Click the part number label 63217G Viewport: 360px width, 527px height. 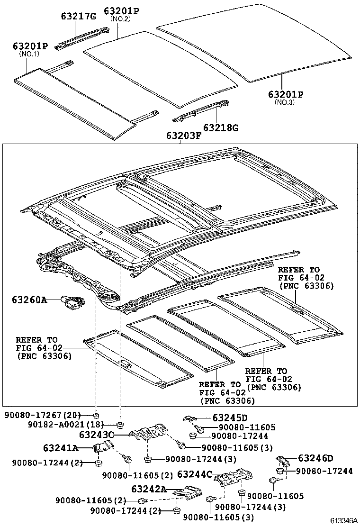pos(78,16)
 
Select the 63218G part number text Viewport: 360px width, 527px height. pos(221,127)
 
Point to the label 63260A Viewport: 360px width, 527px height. pos(29,300)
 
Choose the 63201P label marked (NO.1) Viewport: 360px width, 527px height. pos(30,46)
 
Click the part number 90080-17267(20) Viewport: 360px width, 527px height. pos(43,415)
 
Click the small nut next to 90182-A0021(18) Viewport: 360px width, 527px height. pos(119,424)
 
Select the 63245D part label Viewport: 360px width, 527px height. pos(230,418)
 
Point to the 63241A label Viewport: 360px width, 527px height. pos(60,447)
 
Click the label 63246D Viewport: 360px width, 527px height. pos(315,458)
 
